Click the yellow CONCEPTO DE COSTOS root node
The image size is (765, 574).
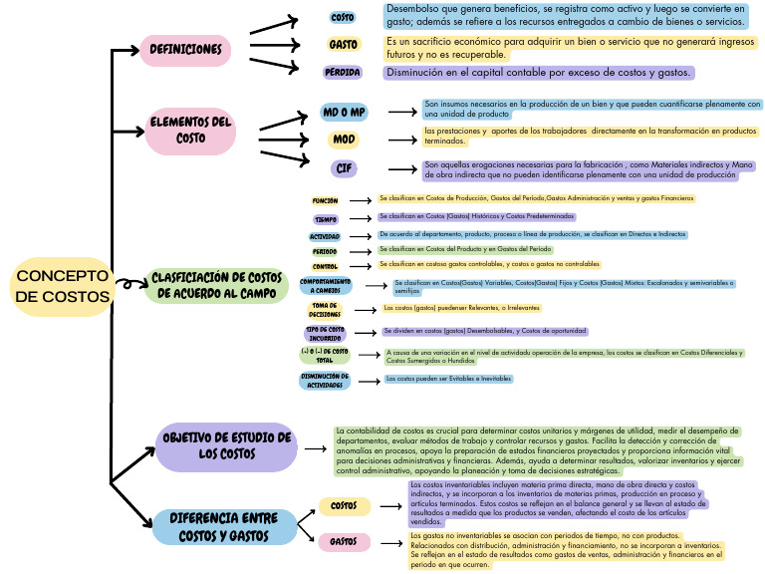click(63, 286)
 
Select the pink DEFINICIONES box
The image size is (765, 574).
click(185, 50)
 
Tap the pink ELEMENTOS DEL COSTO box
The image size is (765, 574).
click(190, 131)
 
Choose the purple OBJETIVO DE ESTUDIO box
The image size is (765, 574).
click(227, 445)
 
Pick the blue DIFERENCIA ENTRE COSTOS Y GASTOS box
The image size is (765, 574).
click(224, 527)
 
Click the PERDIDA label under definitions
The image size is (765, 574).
click(343, 73)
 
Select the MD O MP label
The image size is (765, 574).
click(344, 112)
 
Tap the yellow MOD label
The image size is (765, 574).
click(344, 140)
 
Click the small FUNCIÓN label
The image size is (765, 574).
click(325, 201)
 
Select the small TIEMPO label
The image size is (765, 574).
click(326, 218)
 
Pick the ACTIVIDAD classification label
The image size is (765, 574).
click(325, 236)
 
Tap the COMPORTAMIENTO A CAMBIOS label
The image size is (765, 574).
click(325, 286)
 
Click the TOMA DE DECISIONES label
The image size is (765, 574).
click(325, 310)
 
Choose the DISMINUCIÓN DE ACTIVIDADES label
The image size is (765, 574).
click(325, 381)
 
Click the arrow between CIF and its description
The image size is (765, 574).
click(400, 169)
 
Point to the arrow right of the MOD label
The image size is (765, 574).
click(400, 141)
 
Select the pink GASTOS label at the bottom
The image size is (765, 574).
click(344, 542)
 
